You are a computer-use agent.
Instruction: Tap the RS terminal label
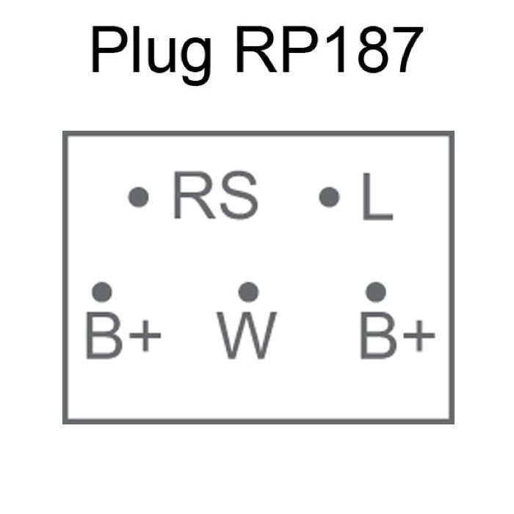(215, 197)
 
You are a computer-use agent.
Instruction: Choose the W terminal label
(247, 335)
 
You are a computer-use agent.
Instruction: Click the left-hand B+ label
(123, 335)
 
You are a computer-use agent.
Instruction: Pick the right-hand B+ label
(397, 335)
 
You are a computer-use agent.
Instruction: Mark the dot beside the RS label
(139, 197)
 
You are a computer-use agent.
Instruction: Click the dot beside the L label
(330, 197)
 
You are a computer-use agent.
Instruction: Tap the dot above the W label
(249, 292)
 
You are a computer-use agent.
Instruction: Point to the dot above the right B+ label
(376, 292)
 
